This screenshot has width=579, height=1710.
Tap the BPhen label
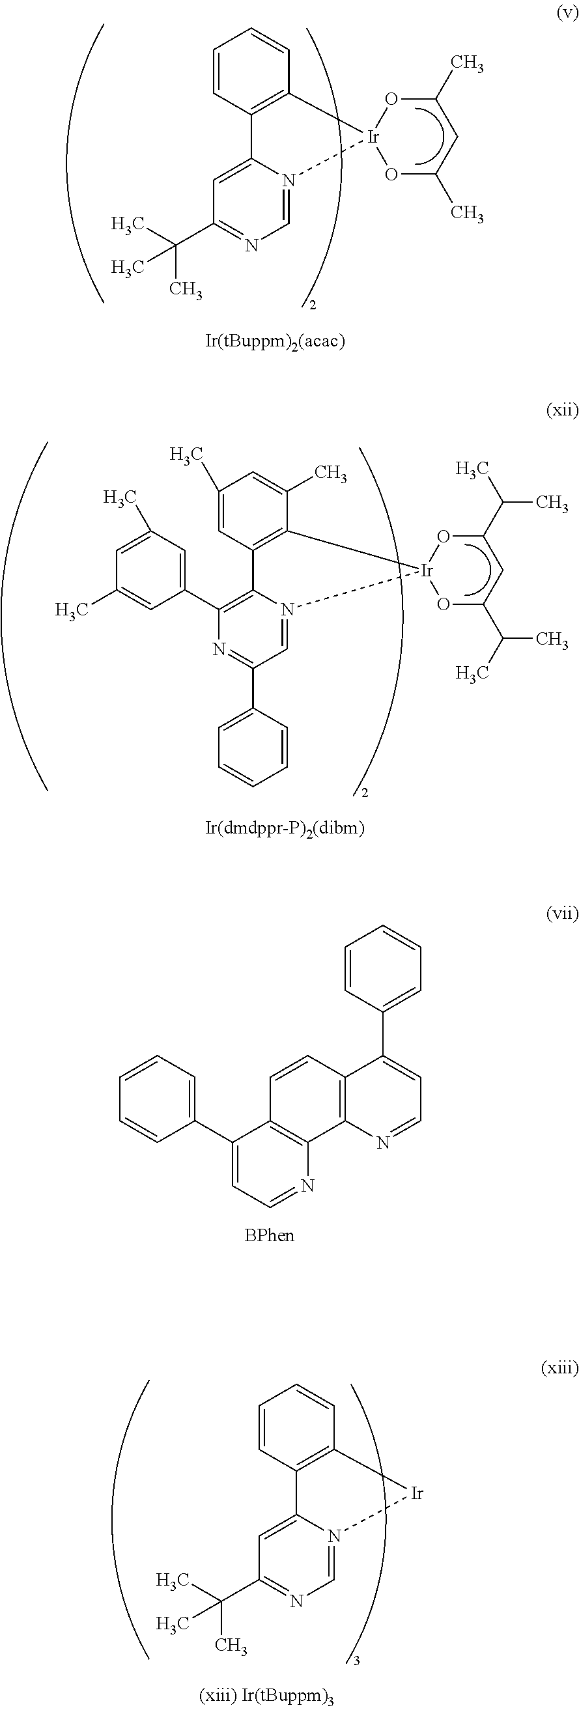[270, 1235]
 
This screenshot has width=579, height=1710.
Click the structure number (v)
[567, 14]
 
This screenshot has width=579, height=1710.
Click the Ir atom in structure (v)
[373, 137]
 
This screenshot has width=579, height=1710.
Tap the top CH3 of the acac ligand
[467, 64]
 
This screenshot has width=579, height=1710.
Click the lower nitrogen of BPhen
[307, 1186]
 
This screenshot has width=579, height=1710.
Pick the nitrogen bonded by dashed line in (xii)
[287, 609]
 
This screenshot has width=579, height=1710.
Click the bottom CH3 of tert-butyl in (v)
[186, 289]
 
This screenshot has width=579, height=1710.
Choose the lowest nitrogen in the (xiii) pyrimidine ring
[297, 1601]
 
